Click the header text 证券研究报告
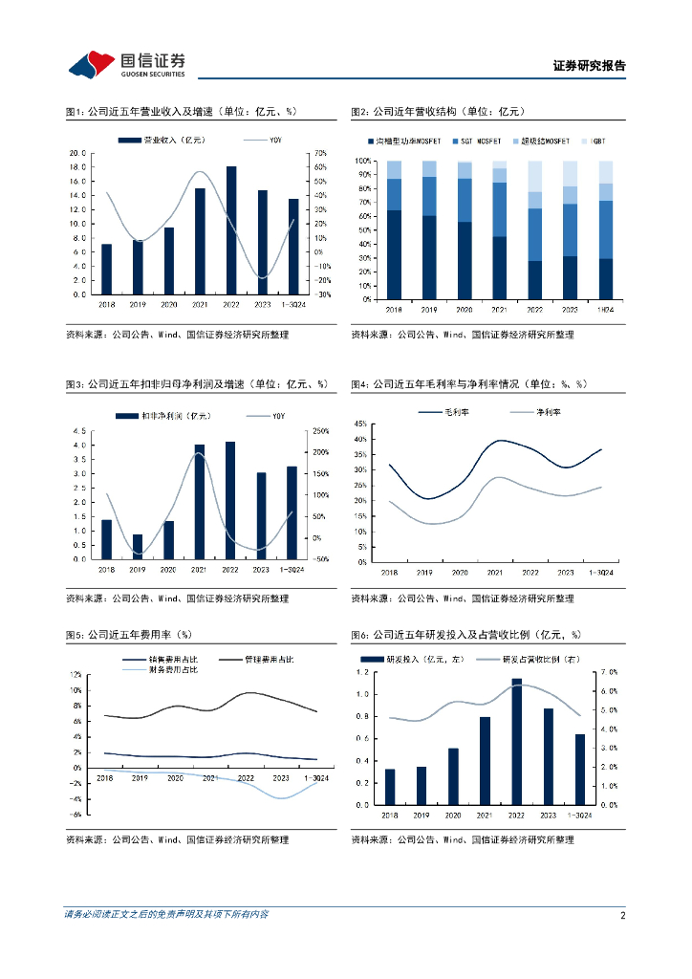[x=589, y=66]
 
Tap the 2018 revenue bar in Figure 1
[x=106, y=270]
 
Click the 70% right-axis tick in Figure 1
[x=321, y=153]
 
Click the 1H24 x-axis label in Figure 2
[x=605, y=311]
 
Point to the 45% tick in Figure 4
[x=360, y=424]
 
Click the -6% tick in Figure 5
[x=76, y=815]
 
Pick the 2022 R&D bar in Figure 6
[x=517, y=742]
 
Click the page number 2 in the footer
[x=622, y=915]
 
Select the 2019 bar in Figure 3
[x=138, y=547]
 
